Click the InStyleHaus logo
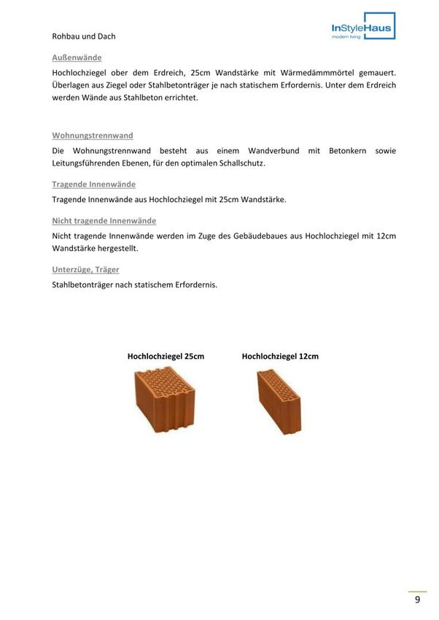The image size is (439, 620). pos(362,27)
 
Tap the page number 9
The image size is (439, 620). pos(417,600)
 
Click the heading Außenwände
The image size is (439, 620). pos(77,57)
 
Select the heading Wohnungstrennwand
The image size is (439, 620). pos(92,136)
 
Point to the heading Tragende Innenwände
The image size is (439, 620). pos(93,185)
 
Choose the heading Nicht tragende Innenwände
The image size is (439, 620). pos(104,220)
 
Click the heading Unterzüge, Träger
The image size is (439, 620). pos(85,269)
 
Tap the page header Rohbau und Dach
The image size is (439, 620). pos(84,36)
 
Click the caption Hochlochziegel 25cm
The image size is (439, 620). pos(166,357)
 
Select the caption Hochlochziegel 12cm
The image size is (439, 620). pos(280,357)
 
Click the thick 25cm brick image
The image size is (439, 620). pos(165,400)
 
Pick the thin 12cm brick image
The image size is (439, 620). pos(279,401)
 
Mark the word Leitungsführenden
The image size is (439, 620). pos(85,163)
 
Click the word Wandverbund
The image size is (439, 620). pos(268,151)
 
